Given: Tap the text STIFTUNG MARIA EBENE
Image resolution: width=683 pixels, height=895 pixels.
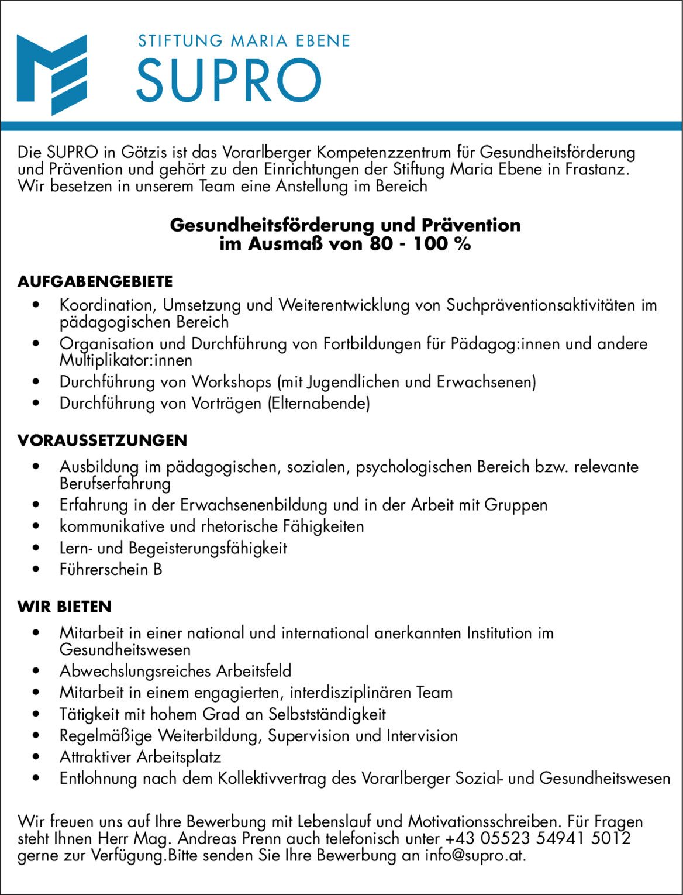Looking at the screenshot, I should point(244,41).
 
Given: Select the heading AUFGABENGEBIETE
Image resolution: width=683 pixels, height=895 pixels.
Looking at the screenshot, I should point(95,281).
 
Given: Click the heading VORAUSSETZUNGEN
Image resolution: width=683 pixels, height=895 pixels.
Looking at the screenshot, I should point(102,440).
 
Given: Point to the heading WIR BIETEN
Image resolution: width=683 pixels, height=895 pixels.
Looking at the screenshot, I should point(64,606).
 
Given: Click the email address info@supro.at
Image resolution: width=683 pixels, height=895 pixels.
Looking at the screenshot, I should point(474,855).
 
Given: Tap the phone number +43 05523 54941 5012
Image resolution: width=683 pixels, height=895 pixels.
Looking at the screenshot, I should point(538,838).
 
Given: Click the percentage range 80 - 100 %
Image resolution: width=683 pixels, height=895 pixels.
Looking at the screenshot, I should point(420,243).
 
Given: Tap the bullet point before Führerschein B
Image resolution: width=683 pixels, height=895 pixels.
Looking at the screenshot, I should point(37,569).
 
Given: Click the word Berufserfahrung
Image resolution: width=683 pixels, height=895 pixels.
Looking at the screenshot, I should point(115,483).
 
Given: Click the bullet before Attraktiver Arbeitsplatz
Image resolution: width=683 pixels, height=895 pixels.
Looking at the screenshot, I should point(37,757).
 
